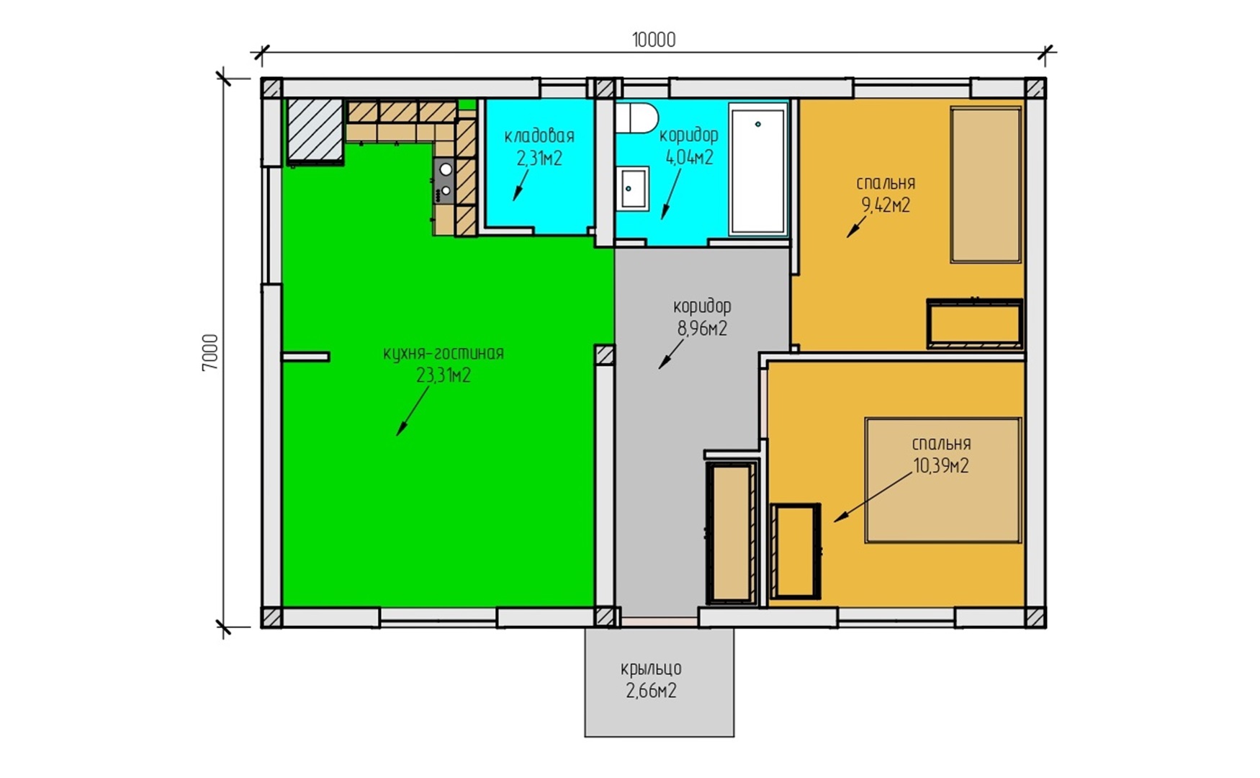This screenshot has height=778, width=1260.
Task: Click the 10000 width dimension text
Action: pyautogui.click(x=654, y=40)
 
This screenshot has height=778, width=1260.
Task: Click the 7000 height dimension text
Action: pyautogui.click(x=210, y=352)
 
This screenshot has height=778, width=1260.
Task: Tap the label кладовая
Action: pyautogui.click(x=539, y=135)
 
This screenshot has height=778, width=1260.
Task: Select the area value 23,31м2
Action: pyautogui.click(x=444, y=375)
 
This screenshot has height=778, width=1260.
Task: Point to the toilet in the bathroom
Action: pyautogui.click(x=636, y=118)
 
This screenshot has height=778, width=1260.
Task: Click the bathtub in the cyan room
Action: pyautogui.click(x=757, y=170)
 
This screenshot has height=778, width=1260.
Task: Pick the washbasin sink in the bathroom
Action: pyautogui.click(x=633, y=189)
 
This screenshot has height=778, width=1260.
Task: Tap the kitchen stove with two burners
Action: pyautogui.click(x=444, y=180)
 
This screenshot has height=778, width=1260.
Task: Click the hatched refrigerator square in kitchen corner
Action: pyautogui.click(x=315, y=130)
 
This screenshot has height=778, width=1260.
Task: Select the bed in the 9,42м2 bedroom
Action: pyautogui.click(x=986, y=185)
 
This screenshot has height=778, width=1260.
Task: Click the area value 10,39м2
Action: pyautogui.click(x=941, y=465)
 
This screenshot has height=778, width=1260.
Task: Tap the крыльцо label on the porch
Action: pyautogui.click(x=651, y=669)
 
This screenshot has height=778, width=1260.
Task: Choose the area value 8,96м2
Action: pyautogui.click(x=702, y=328)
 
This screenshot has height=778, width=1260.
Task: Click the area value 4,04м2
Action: pyautogui.click(x=689, y=157)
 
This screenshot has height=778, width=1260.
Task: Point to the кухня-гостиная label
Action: pyautogui.click(x=444, y=354)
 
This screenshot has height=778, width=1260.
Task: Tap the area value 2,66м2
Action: pyautogui.click(x=651, y=691)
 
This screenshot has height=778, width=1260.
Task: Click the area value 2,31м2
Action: pyautogui.click(x=539, y=158)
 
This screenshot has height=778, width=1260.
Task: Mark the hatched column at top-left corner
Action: pyautogui.click(x=271, y=89)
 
